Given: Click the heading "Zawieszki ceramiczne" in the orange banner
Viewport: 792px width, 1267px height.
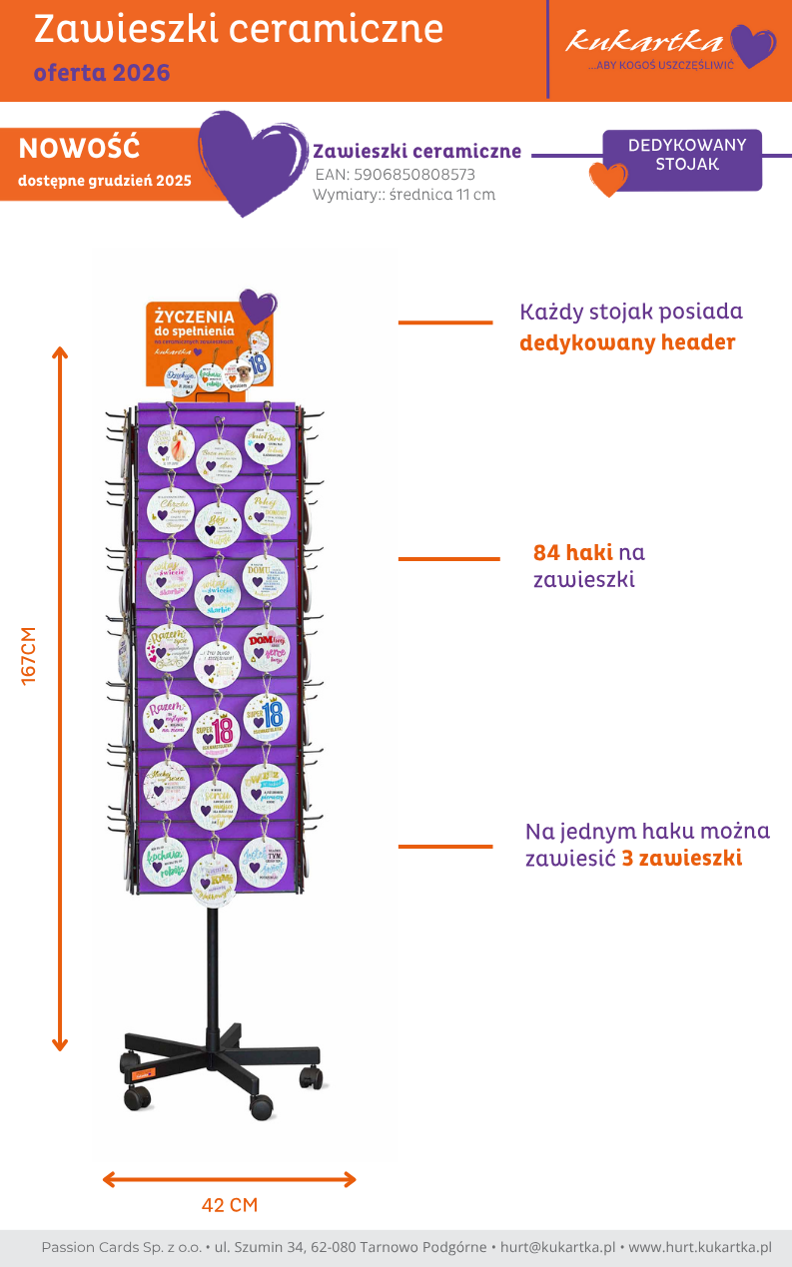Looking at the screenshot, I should click(239, 30).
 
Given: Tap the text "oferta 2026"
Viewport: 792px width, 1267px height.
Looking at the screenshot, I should click(102, 73).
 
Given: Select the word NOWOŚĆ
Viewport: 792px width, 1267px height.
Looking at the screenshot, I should click(79, 149).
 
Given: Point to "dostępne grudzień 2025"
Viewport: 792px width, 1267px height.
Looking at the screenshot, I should click(104, 181).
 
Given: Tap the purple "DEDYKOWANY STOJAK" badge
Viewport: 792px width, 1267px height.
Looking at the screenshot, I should click(686, 156).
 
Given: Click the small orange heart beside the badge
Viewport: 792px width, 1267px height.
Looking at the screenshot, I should click(608, 179).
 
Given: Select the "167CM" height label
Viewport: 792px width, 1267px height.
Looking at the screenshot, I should click(29, 655).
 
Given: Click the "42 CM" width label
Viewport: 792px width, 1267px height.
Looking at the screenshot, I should click(230, 1205).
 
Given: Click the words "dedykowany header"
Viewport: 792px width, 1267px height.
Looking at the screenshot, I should click(627, 343).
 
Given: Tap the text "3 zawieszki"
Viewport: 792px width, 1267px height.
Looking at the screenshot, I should click(681, 858).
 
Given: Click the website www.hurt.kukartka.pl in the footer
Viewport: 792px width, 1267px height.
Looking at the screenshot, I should click(700, 1247).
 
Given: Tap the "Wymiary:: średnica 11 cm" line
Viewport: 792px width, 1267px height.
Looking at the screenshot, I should click(403, 195).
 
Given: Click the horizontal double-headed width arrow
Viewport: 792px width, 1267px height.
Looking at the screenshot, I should click(230, 1179).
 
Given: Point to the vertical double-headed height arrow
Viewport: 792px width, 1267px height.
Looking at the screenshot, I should click(60, 699).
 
